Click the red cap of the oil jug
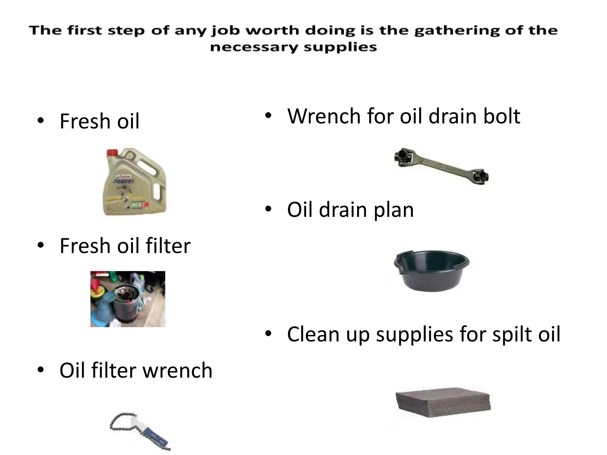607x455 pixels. point(112,153)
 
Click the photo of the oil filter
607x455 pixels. point(128,299)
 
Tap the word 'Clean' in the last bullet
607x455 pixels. point(314,334)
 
